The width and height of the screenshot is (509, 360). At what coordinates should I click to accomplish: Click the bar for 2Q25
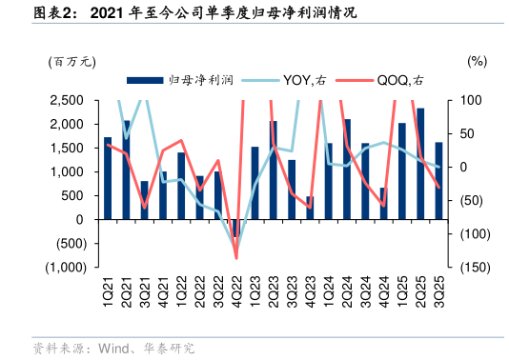[420, 164]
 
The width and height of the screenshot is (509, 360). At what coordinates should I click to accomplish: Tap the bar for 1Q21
[108, 178]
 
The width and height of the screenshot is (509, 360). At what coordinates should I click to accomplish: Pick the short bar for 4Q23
[310, 208]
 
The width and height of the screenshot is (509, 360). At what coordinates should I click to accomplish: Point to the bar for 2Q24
[346, 169]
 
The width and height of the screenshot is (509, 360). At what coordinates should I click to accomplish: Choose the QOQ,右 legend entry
[393, 81]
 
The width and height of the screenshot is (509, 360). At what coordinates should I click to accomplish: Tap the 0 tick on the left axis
[87, 219]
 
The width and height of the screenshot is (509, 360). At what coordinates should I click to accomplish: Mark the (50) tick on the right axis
[469, 200]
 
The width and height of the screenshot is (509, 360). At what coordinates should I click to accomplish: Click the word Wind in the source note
[112, 348]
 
